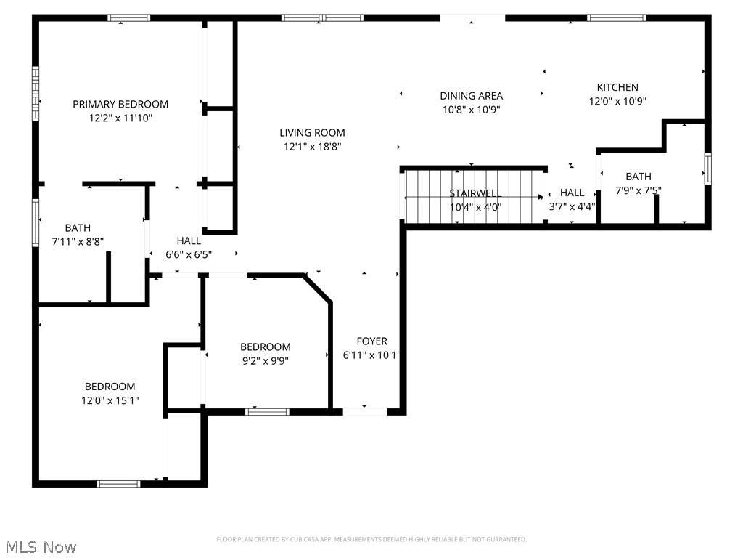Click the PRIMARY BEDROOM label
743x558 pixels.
click(120, 104)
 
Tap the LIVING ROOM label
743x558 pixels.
click(312, 133)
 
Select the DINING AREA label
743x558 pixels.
click(472, 96)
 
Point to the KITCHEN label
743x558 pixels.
click(617, 87)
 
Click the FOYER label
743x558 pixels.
click(372, 341)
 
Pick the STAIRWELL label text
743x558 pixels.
click(475, 193)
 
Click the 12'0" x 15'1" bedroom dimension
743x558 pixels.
click(110, 400)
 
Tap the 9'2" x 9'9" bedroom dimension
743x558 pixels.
click(266, 361)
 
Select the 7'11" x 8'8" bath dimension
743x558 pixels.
click(78, 241)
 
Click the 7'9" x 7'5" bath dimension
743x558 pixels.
click(639, 191)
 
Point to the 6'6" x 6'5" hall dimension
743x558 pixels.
click(189, 255)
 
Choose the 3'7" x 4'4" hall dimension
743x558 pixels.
click(572, 206)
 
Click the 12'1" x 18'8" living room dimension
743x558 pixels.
click(312, 147)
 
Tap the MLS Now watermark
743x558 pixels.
click(41, 547)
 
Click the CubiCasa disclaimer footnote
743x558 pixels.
click(371, 539)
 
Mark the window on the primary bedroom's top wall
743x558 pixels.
click(129, 18)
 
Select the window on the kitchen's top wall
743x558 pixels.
click(617, 18)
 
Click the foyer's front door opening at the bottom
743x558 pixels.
click(366, 412)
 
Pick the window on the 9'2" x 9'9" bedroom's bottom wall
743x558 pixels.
click(267, 411)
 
